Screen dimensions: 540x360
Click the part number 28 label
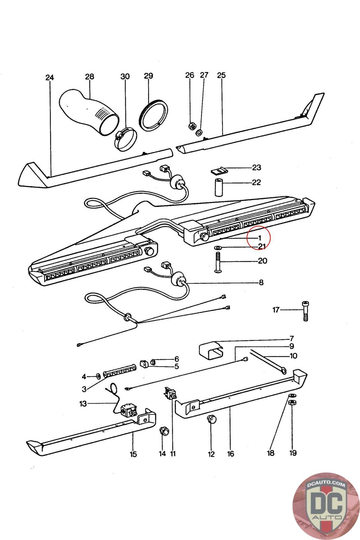(89, 77)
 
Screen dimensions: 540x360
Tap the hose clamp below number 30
(125, 139)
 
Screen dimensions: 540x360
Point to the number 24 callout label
(50, 78)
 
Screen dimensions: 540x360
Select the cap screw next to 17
(305, 311)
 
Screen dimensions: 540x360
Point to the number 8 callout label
(261, 282)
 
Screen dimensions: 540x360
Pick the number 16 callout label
(230, 454)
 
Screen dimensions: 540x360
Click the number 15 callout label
(133, 454)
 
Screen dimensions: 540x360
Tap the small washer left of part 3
(97, 376)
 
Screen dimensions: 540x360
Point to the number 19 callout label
(293, 453)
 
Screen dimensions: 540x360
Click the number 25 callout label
(221, 75)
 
